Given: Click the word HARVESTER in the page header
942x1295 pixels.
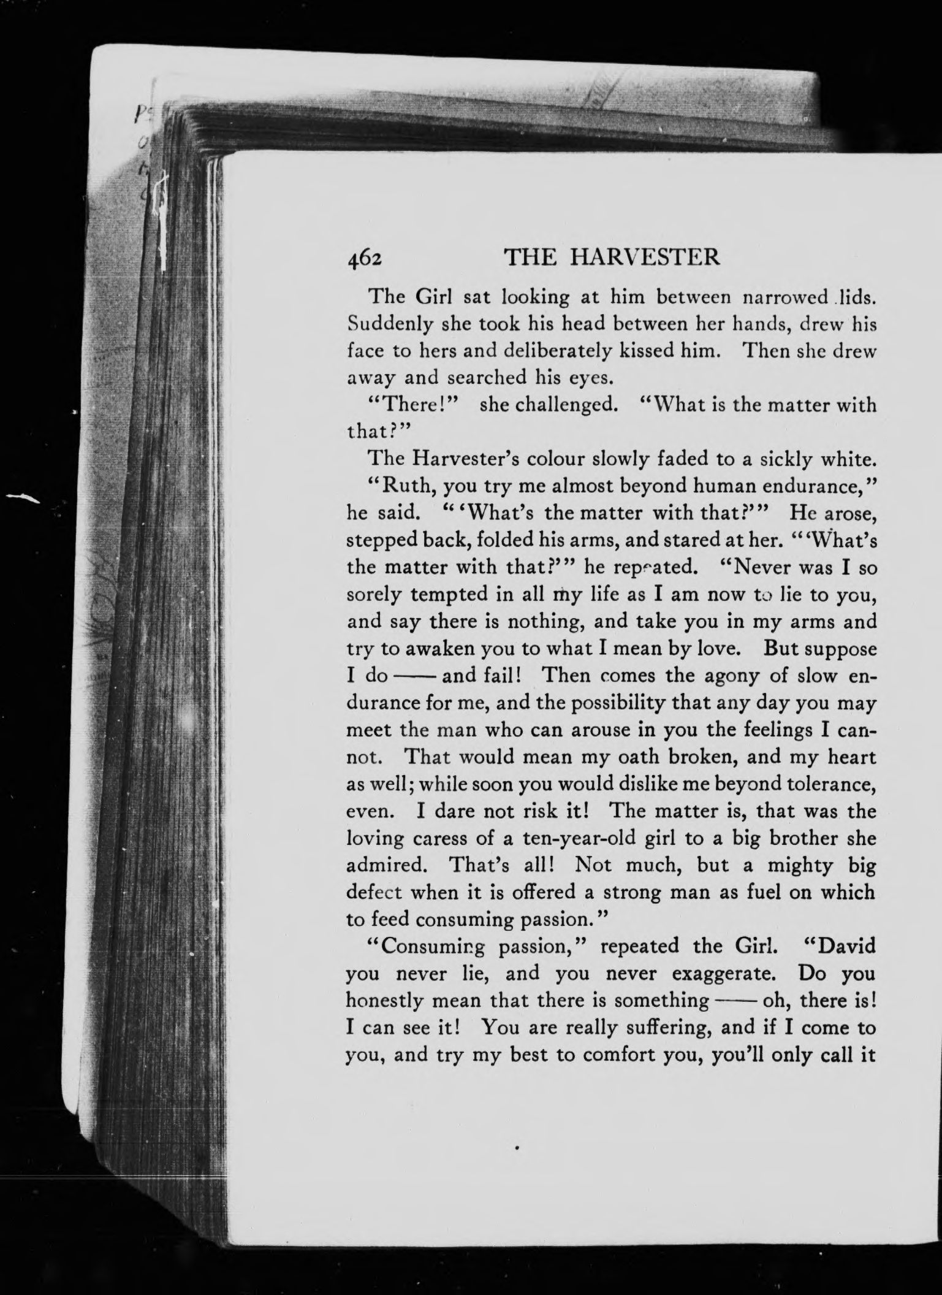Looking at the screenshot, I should click(645, 258).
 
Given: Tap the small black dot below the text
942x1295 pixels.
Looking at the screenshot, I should click(518, 1145).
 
